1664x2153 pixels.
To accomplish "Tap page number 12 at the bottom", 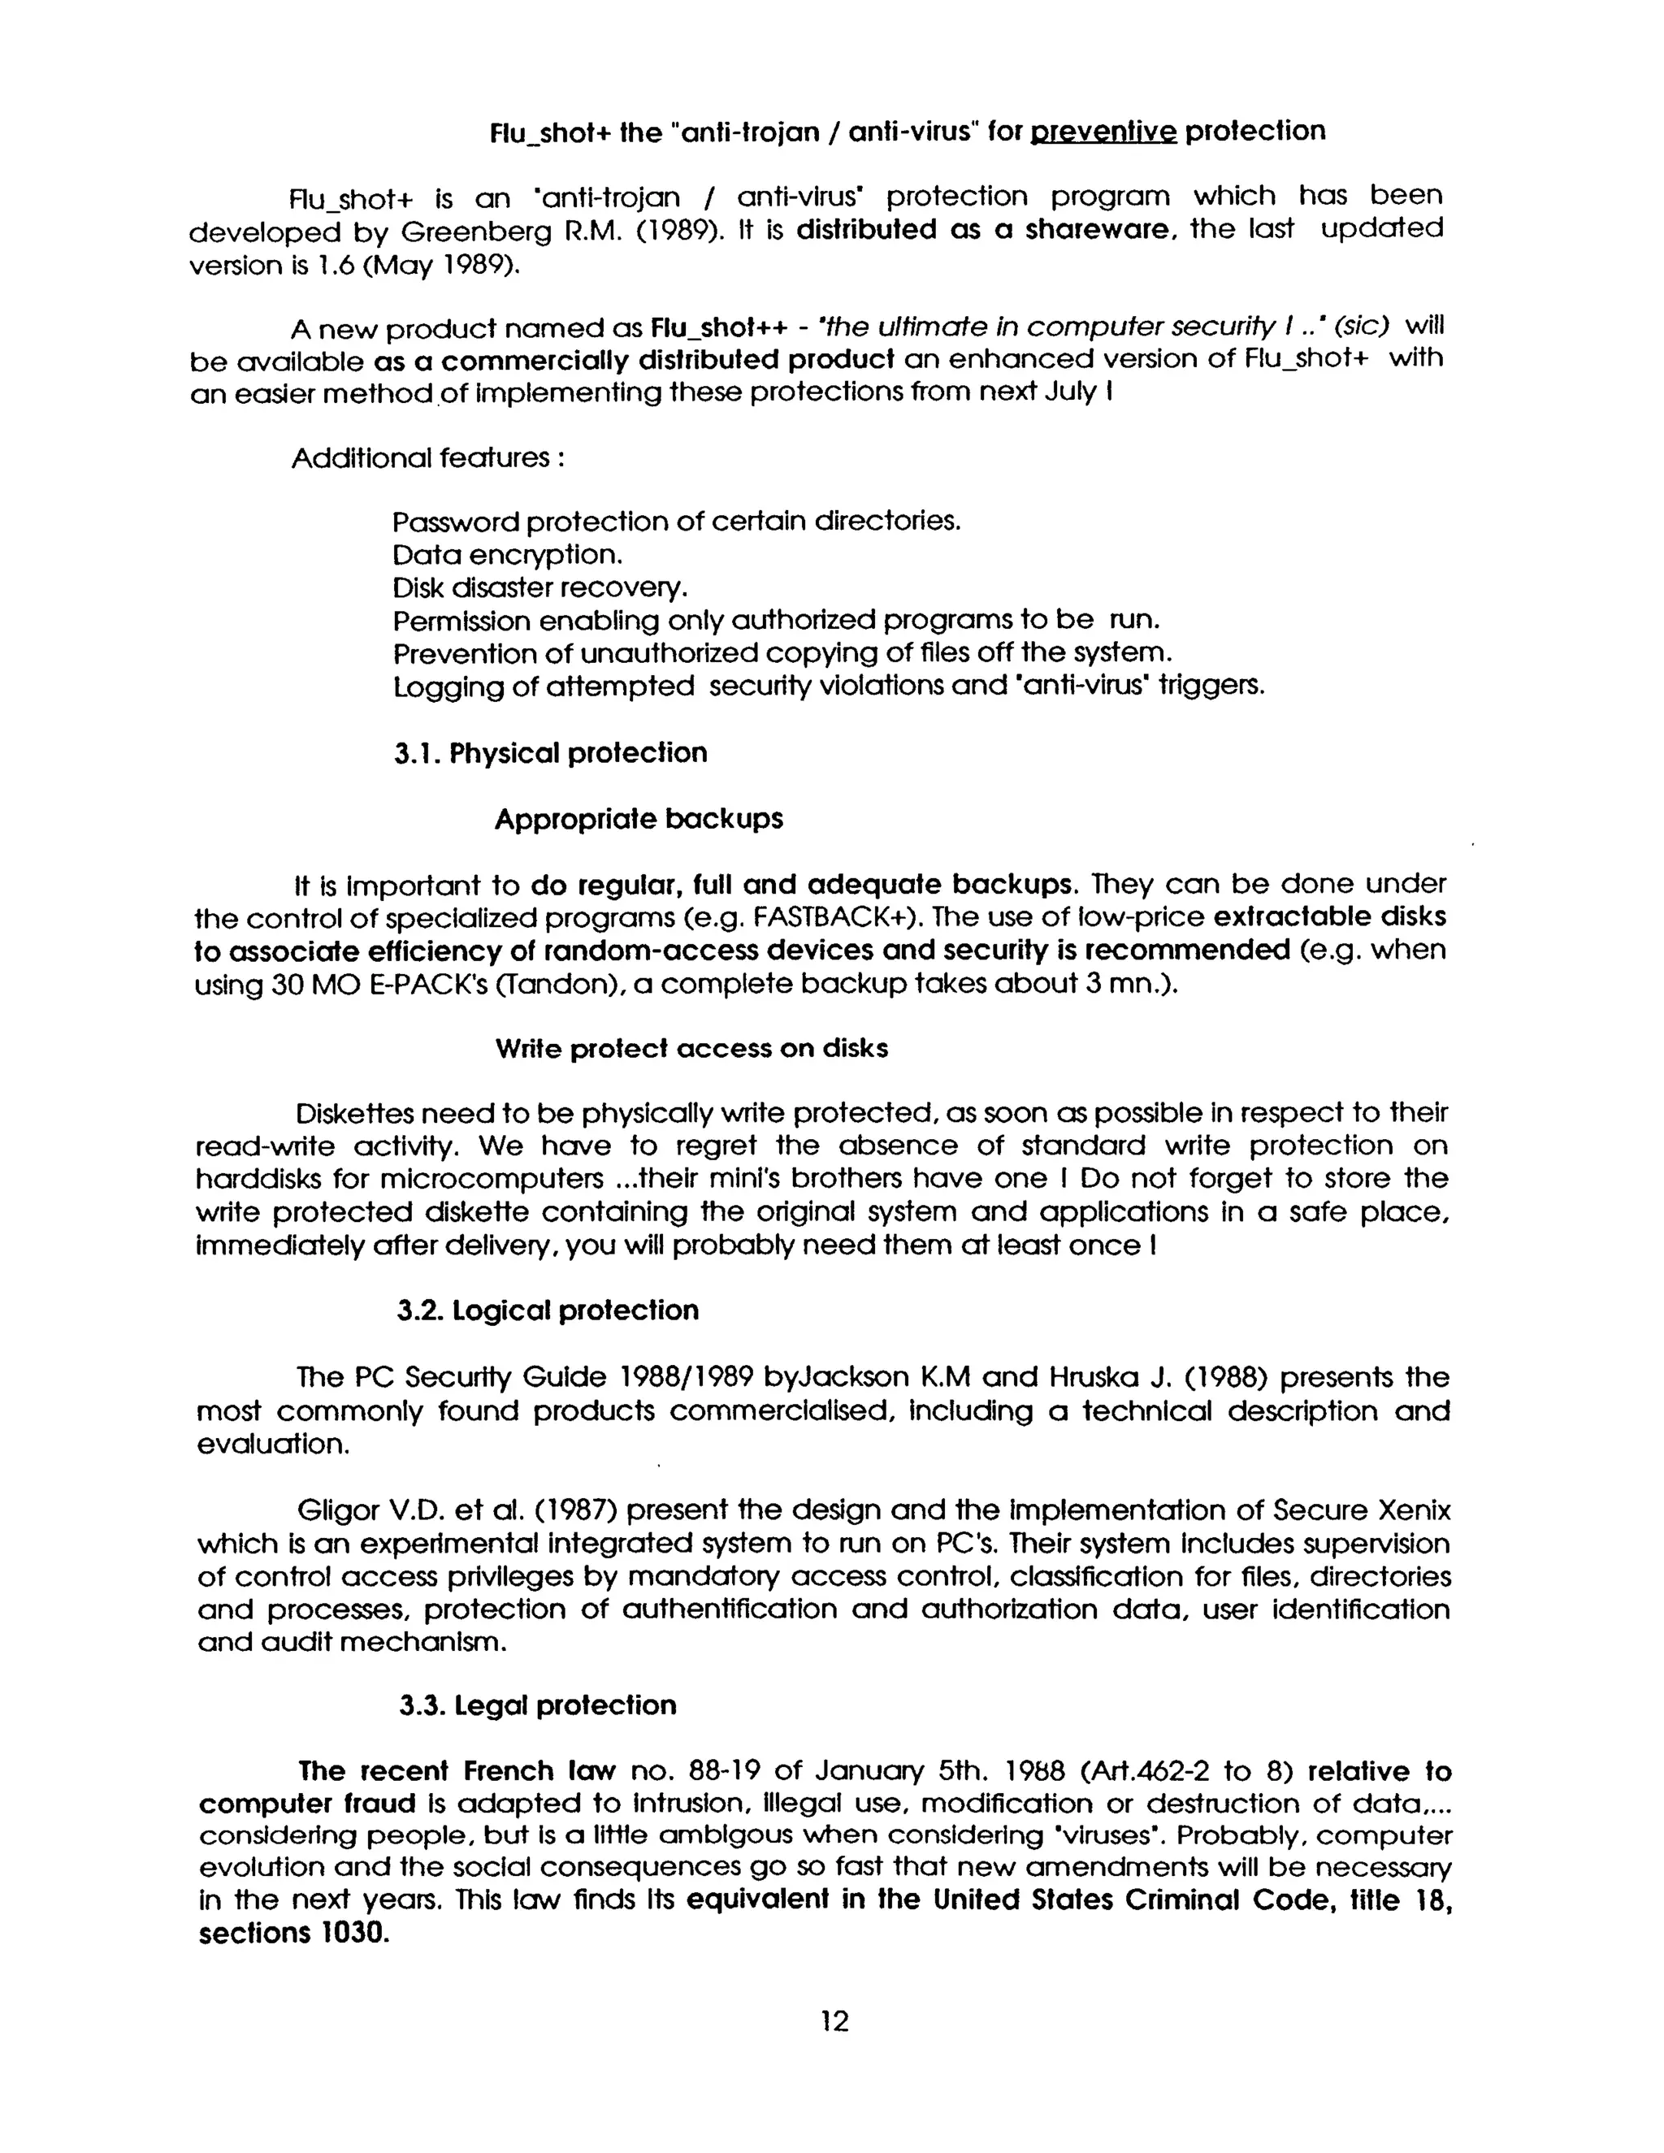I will tap(834, 2022).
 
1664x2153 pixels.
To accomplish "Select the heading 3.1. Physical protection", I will tap(551, 753).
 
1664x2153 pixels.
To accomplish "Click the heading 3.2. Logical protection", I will tap(548, 1310).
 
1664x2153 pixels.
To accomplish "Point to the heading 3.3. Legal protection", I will tap(538, 1705).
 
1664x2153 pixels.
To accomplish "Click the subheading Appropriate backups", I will tap(639, 819).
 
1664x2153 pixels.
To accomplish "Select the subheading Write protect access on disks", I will tap(691, 1048).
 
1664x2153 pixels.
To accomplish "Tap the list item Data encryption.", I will tap(508, 554).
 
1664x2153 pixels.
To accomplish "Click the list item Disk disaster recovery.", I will tap(539, 587).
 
